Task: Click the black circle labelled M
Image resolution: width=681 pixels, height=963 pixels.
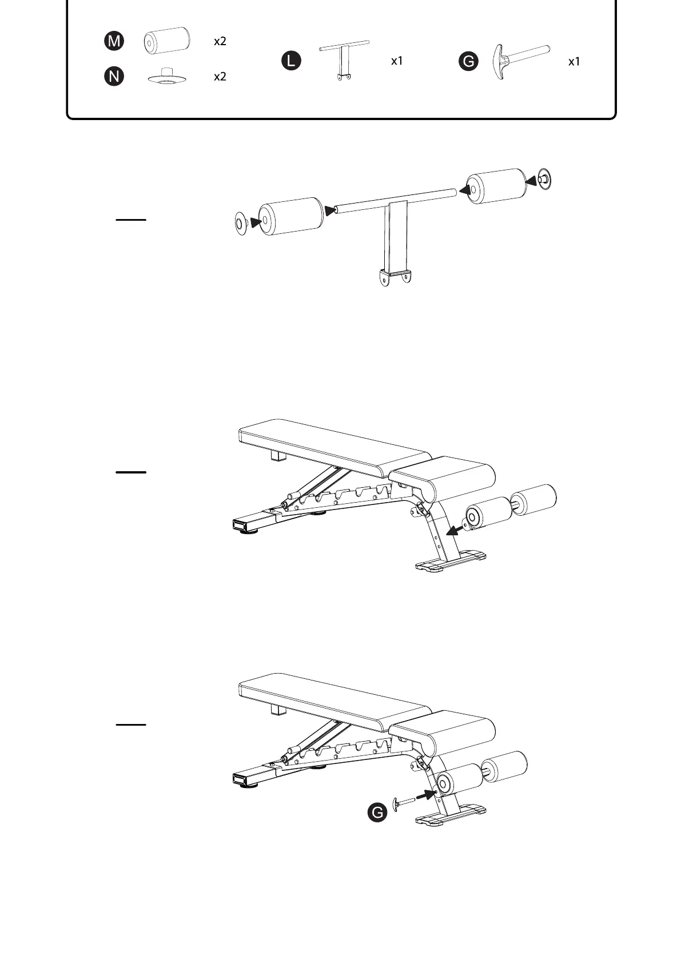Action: (114, 41)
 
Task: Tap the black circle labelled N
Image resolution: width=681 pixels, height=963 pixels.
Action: (114, 76)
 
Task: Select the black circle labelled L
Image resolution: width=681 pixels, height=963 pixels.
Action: (292, 61)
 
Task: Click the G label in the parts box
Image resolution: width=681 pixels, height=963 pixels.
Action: (469, 61)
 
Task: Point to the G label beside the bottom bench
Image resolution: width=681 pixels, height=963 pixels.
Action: (377, 813)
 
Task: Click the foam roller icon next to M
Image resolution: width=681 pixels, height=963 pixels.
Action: (166, 41)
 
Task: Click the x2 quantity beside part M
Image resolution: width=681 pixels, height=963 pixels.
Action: (220, 41)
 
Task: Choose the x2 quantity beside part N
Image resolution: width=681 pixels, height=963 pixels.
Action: (220, 77)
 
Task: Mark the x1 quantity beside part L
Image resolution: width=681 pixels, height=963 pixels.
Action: (397, 61)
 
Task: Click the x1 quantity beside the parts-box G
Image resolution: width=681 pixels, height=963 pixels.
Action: (574, 62)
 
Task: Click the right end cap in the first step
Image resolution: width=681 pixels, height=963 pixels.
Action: (545, 180)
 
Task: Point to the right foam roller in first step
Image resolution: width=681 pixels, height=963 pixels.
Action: (496, 185)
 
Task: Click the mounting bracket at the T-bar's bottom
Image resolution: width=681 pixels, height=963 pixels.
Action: (395, 278)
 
